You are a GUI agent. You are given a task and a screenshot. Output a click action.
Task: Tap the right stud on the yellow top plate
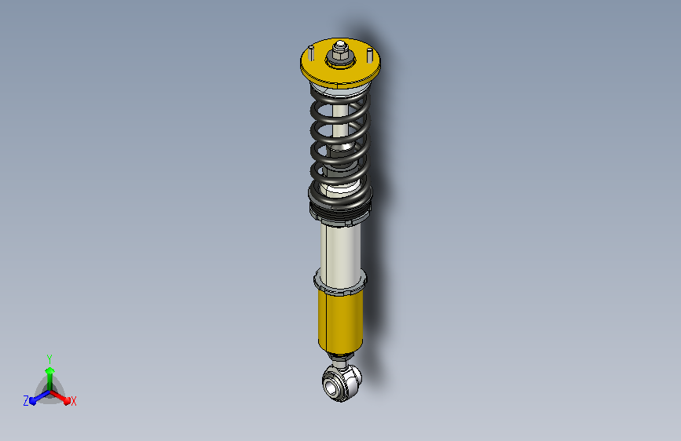[366, 56]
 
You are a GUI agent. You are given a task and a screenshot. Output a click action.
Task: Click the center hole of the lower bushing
[333, 385]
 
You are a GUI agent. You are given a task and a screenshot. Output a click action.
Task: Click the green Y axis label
[49, 357]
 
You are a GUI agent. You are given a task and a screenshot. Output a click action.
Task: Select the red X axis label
[74, 401]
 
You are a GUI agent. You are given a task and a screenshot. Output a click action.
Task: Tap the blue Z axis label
[26, 401]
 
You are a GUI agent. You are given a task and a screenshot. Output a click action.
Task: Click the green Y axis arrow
[49, 372]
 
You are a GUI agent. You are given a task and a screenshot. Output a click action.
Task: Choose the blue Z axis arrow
[36, 399]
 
